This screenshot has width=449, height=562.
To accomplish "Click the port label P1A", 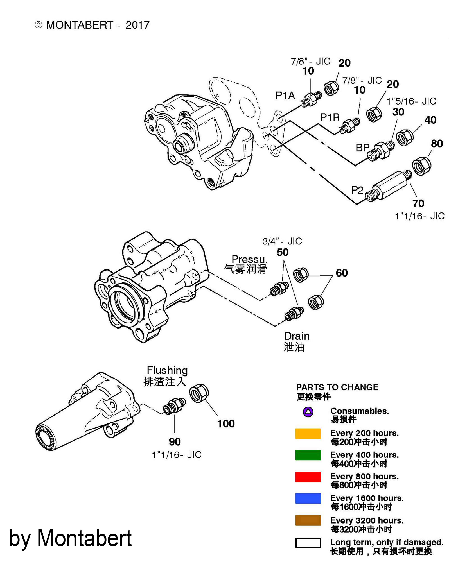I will (x=285, y=96).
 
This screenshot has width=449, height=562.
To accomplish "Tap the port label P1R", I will (x=330, y=117).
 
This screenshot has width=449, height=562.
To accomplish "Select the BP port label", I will (x=362, y=148).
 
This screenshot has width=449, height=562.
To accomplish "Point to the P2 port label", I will (x=357, y=191).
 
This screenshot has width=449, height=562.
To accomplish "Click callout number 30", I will (x=398, y=112).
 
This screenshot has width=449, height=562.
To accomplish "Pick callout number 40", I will (x=430, y=120).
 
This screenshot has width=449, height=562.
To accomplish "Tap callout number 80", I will (x=437, y=144).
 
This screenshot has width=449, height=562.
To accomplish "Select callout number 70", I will (x=418, y=203).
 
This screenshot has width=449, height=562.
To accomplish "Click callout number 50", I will (x=283, y=252).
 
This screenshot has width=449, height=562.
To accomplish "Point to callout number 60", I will (x=342, y=273).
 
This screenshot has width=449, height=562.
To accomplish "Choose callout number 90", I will (x=175, y=442).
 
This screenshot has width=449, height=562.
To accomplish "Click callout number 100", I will (x=226, y=424).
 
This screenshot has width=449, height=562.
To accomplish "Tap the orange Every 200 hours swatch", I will (x=308, y=434).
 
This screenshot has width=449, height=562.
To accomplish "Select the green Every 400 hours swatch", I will (x=308, y=455).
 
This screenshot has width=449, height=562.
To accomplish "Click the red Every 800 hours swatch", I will (x=308, y=477).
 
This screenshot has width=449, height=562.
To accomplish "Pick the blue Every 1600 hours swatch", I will (x=308, y=498).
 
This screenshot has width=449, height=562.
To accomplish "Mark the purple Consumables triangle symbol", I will (x=308, y=412).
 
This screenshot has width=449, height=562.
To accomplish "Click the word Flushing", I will (x=167, y=371).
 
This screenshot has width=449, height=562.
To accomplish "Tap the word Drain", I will (x=297, y=336).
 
